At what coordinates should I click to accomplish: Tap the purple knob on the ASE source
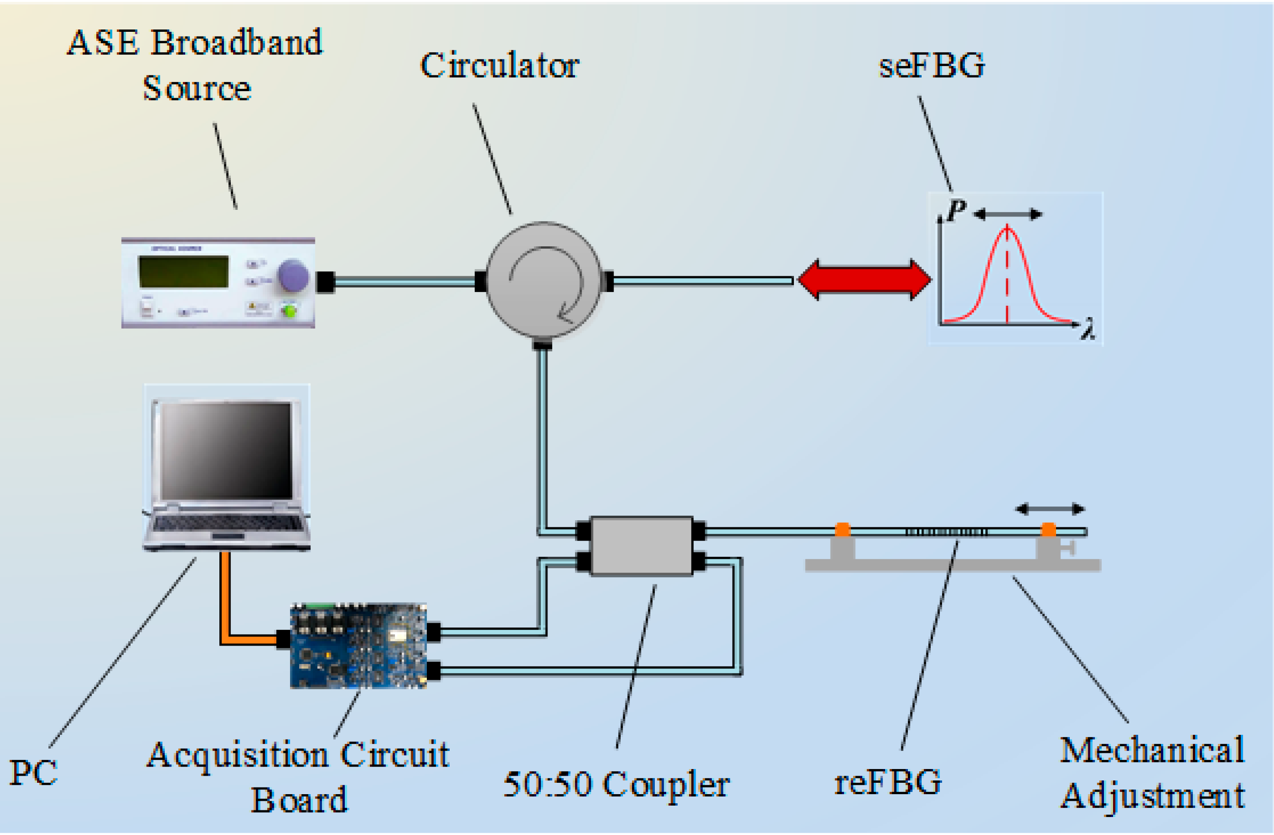click(x=293, y=276)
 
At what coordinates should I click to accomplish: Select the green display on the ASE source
click(x=184, y=272)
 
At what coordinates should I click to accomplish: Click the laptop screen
click(x=226, y=450)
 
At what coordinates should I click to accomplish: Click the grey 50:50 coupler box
click(x=642, y=546)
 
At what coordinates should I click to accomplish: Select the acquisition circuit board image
click(x=358, y=646)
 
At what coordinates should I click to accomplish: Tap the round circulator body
click(x=543, y=280)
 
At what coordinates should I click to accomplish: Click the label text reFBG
click(x=888, y=782)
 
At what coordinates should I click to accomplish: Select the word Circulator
click(x=500, y=66)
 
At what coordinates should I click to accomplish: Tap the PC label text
click(x=33, y=773)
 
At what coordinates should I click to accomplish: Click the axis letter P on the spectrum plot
click(x=956, y=210)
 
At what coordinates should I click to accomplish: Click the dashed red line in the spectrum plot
click(x=1008, y=275)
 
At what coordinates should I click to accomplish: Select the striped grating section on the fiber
click(x=946, y=532)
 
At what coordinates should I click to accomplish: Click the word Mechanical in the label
click(x=1152, y=751)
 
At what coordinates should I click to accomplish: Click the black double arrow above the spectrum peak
click(x=1008, y=215)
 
